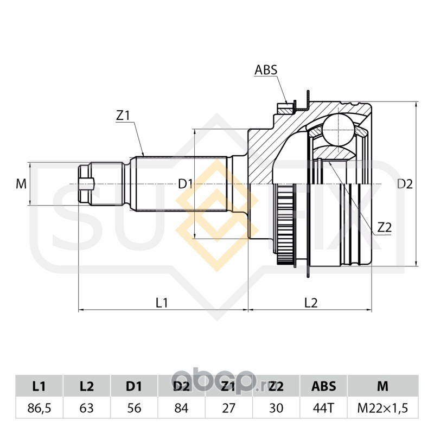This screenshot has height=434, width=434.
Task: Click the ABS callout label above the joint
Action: [x=266, y=69]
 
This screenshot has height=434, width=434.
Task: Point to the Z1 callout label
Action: [x=123, y=115]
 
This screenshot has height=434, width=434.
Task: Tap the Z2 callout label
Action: [x=384, y=228]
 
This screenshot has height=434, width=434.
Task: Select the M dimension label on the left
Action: [x=21, y=184]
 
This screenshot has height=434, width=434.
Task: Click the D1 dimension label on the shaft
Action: [x=186, y=184]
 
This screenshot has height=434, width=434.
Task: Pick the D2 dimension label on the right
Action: [x=405, y=184]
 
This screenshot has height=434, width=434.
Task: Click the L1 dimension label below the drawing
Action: [x=162, y=303]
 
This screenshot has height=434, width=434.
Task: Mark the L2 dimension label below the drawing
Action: [x=310, y=303]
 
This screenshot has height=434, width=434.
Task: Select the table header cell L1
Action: [x=39, y=386]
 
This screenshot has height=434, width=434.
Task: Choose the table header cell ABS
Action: [x=323, y=386]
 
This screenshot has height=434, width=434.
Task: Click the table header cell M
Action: [x=382, y=386]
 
